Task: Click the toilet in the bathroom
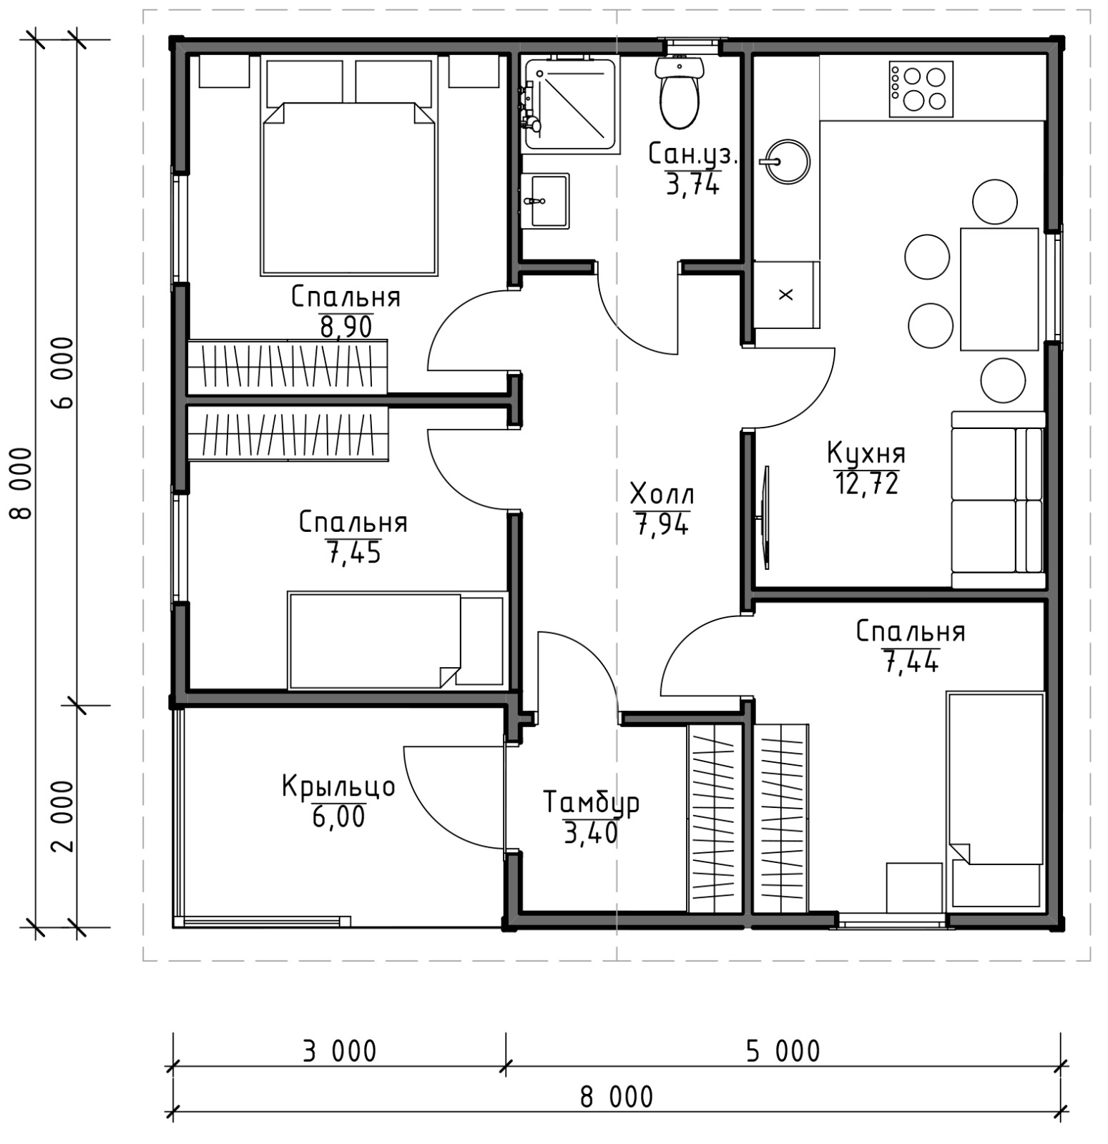678,92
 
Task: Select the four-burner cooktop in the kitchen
921,89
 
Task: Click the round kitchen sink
785,161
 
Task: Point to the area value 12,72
866,484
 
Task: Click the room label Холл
662,494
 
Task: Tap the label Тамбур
591,803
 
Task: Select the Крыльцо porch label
338,786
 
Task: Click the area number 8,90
345,327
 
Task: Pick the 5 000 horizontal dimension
783,1052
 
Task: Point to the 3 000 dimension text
339,1052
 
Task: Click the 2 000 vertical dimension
63,816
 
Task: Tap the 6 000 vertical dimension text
63,372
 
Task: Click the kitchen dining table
999,289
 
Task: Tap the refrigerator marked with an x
786,295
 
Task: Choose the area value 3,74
692,184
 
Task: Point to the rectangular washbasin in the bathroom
545,201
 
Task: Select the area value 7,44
911,662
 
